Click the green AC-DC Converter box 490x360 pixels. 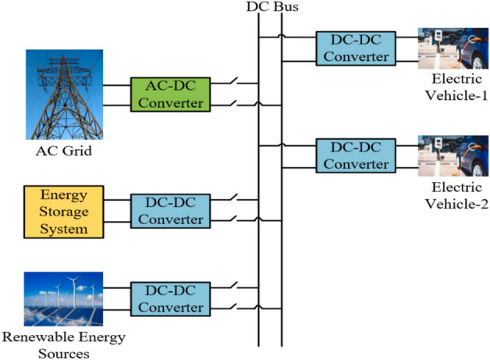coord(169,94)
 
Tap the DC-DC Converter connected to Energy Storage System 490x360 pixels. coord(169,211)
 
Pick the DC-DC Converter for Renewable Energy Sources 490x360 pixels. coord(169,298)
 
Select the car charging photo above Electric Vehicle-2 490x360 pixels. coord(453,157)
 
